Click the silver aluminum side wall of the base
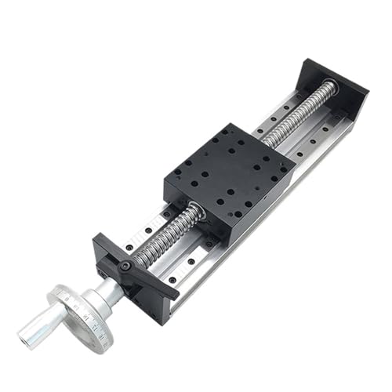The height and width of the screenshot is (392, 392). click(x=259, y=235)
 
